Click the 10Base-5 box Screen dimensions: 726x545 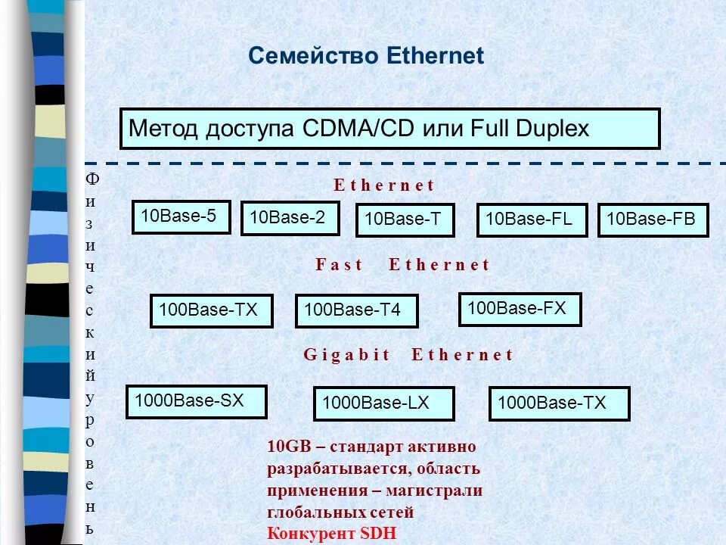pos(181,217)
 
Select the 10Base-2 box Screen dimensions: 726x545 pos(290,219)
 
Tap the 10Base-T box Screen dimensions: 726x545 pos(404,220)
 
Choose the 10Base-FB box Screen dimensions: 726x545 pos(653,220)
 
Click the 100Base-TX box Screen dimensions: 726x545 pos(211,310)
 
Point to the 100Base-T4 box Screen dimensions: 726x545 pos(356,310)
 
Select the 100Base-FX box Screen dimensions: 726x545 pos(520,309)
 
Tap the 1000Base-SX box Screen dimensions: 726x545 pos(196,401)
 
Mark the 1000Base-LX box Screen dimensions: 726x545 pos(383,403)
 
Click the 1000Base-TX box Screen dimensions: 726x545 pos(559,403)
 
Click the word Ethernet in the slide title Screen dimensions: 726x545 pos(435,56)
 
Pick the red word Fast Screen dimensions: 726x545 pos(339,265)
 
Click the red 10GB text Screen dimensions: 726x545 pos(284,447)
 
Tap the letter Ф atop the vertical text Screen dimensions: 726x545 pos(92,179)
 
